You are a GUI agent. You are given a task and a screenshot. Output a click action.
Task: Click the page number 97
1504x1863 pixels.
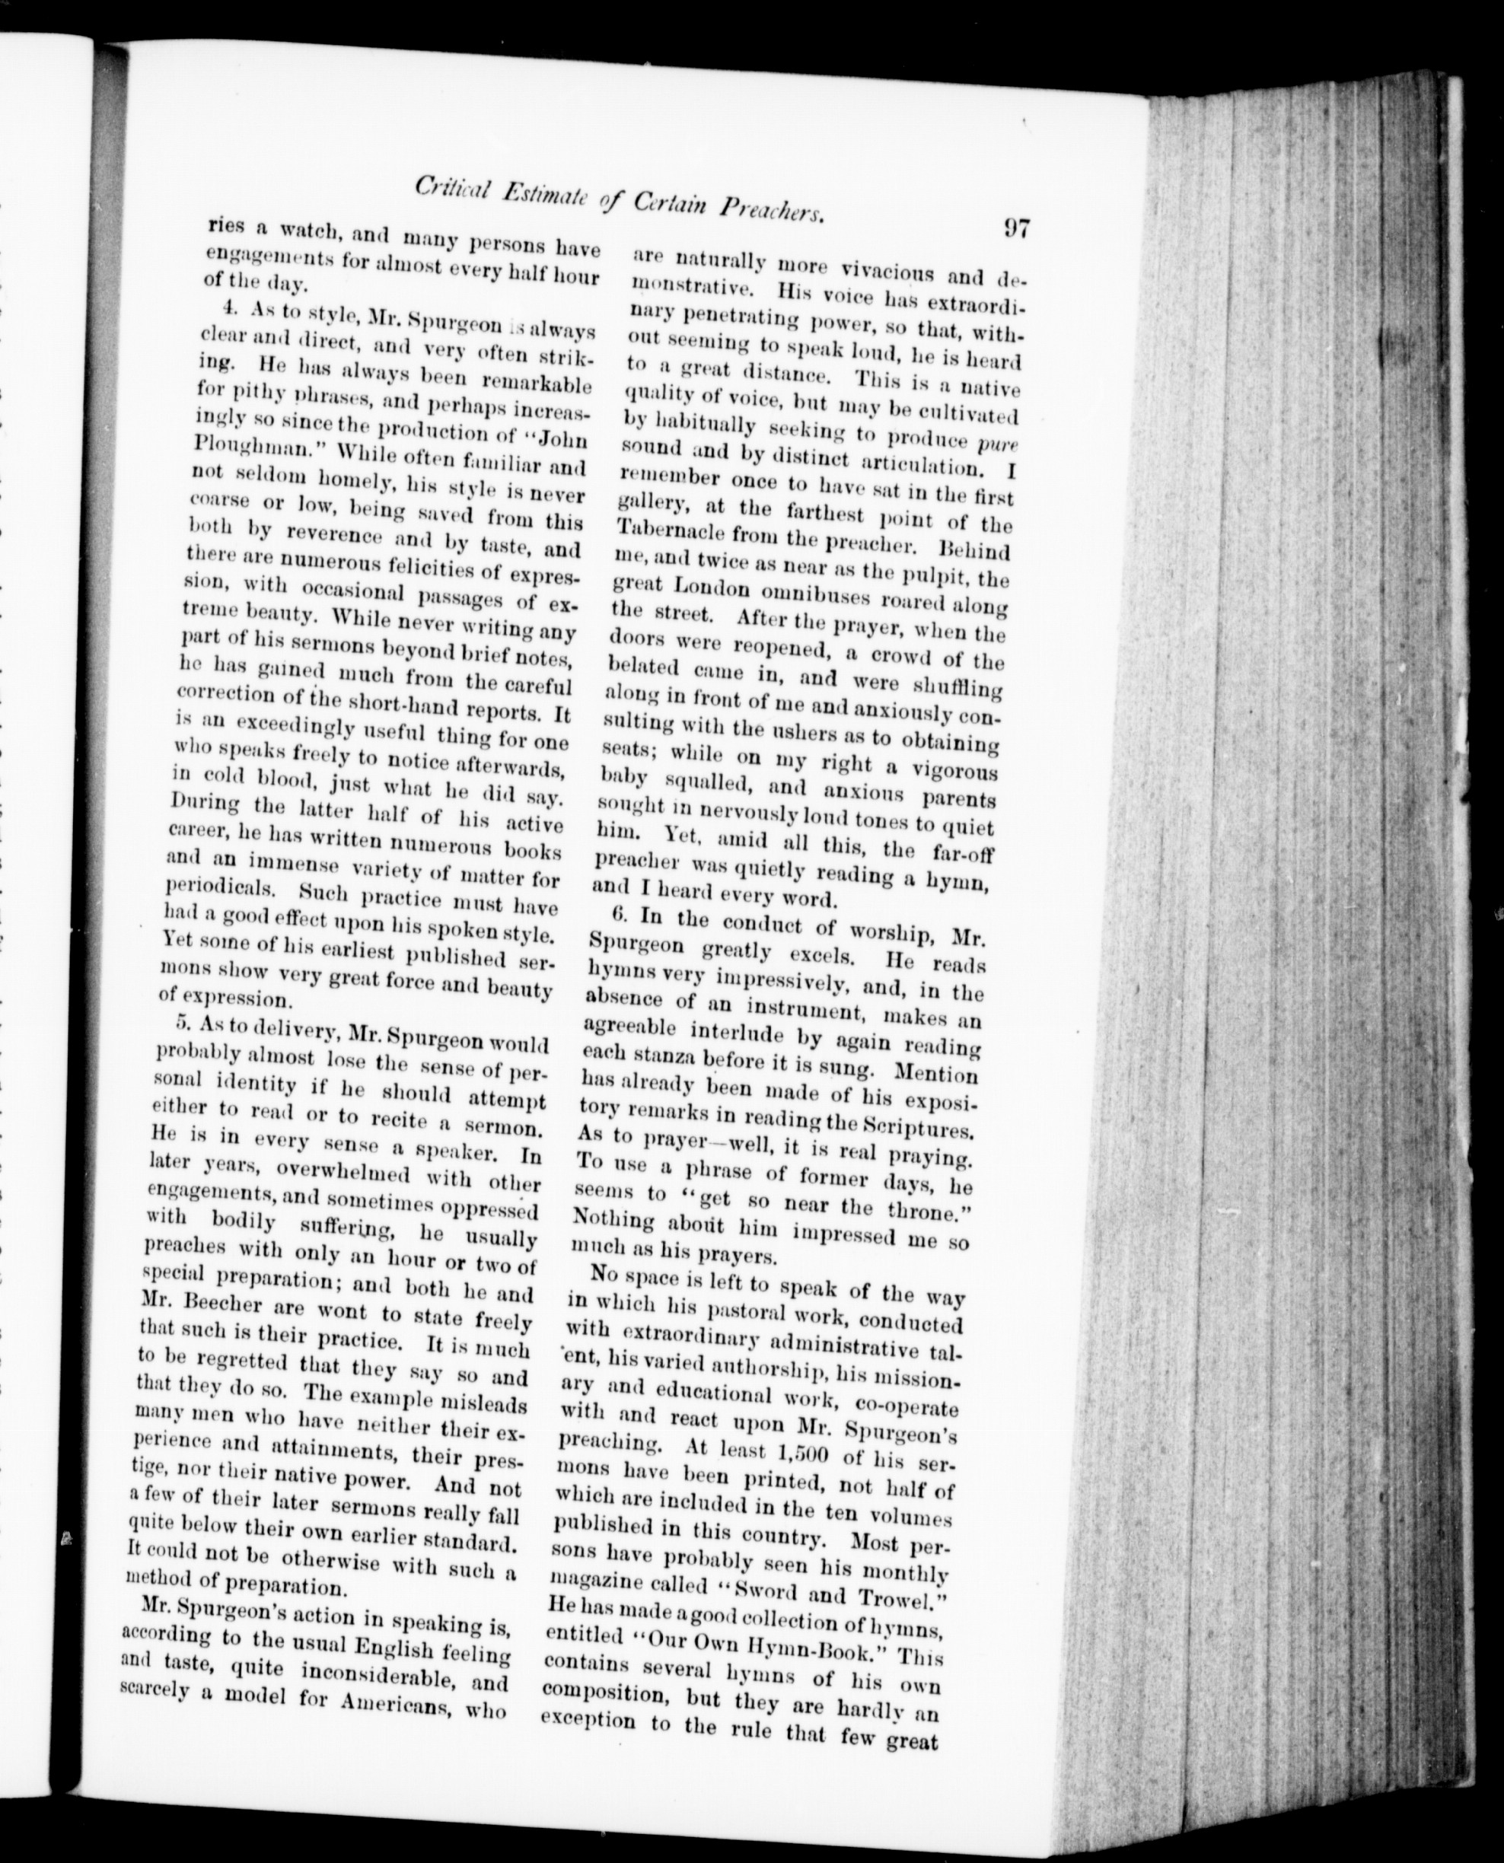tap(1015, 230)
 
